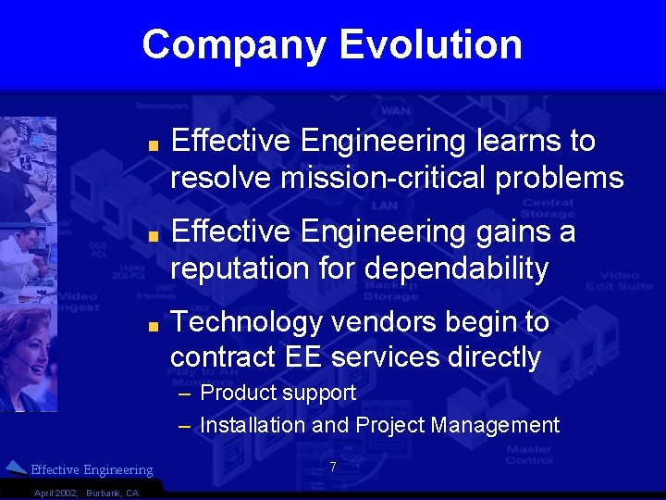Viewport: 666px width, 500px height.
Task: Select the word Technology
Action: click(x=245, y=322)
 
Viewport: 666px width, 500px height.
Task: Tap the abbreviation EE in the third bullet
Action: click(x=304, y=356)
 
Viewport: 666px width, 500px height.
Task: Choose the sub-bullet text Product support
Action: click(x=277, y=393)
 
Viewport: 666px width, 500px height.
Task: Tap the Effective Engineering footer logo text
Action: click(x=92, y=470)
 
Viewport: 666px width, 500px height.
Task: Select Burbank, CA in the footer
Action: click(x=112, y=493)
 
